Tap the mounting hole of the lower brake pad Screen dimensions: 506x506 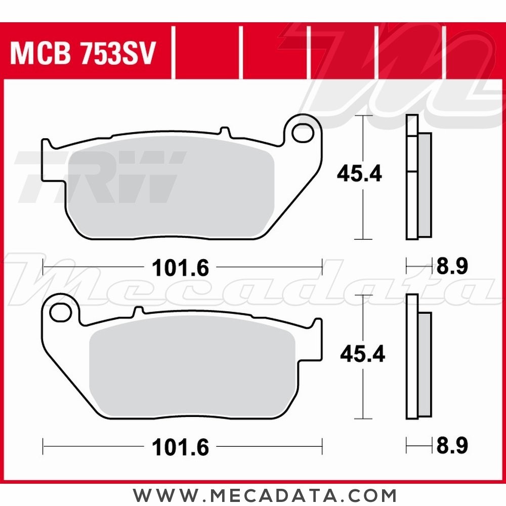click(61, 313)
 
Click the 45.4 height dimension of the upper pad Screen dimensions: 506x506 click(359, 175)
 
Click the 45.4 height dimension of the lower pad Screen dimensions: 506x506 click(362, 354)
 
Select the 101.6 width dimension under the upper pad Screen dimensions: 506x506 click(181, 268)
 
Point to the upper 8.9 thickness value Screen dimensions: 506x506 click(451, 266)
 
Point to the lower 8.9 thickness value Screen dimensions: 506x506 click(451, 445)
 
